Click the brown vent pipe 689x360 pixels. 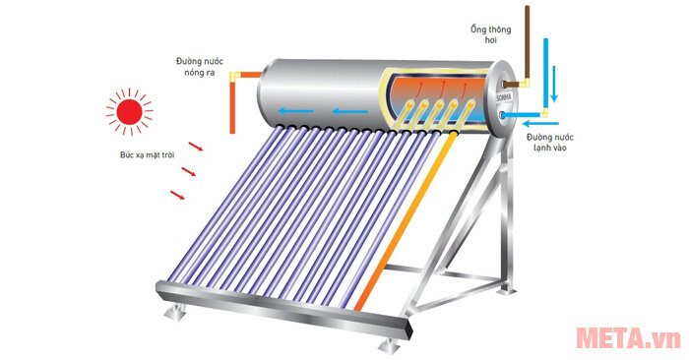tap(526, 39)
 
